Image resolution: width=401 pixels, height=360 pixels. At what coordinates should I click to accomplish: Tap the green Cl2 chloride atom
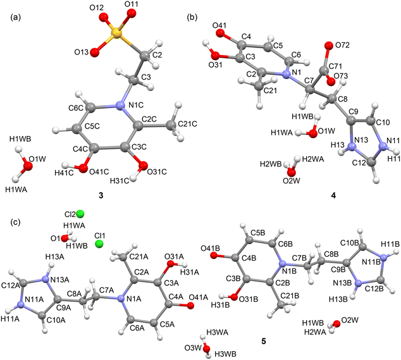click(80, 214)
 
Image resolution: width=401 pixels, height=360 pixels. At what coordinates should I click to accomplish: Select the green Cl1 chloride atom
click(99, 244)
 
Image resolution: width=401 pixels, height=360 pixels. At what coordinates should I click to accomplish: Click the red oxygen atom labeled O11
click(132, 13)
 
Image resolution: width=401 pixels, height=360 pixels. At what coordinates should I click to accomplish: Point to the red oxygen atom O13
click(94, 52)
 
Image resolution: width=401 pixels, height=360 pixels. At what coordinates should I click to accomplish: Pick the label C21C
click(187, 124)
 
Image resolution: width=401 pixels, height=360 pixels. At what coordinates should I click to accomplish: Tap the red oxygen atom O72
click(328, 46)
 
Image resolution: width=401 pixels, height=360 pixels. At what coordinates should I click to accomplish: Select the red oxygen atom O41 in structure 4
click(219, 33)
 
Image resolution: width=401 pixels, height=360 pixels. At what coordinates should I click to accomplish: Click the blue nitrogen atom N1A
click(120, 299)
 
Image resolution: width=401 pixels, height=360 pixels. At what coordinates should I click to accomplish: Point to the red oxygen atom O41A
click(190, 306)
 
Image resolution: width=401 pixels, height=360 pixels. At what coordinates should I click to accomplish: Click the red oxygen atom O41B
click(214, 255)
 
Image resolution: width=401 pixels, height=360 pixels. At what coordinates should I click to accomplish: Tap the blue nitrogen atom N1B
click(282, 264)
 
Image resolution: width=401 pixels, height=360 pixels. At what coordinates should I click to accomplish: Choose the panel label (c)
click(15, 222)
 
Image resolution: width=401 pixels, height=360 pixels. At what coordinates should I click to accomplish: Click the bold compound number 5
click(264, 341)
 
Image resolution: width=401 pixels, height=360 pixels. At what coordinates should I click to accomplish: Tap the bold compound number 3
click(101, 196)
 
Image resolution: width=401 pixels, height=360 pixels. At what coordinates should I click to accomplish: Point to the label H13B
click(338, 299)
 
